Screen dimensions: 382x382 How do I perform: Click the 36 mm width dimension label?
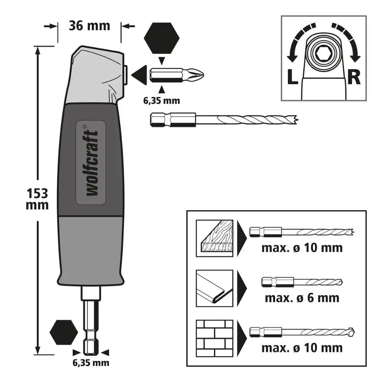89,26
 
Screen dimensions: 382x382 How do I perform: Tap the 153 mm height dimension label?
37,199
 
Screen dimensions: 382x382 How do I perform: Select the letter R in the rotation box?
354,77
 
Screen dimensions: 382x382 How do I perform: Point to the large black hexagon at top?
162,38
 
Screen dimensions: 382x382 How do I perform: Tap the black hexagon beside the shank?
63,332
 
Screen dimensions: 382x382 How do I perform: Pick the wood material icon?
215,238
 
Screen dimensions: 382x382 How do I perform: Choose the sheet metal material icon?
215,288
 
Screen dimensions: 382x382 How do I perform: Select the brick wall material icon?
215,338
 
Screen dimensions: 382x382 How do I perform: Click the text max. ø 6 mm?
302,298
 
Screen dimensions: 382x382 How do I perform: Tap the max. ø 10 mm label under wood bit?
302,248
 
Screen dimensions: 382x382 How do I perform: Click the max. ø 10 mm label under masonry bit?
302,348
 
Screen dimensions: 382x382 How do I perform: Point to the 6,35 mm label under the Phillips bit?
162,100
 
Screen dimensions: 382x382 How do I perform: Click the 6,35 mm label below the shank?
91,363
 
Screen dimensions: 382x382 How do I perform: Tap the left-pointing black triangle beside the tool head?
139,75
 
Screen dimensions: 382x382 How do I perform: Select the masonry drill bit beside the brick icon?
302,332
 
